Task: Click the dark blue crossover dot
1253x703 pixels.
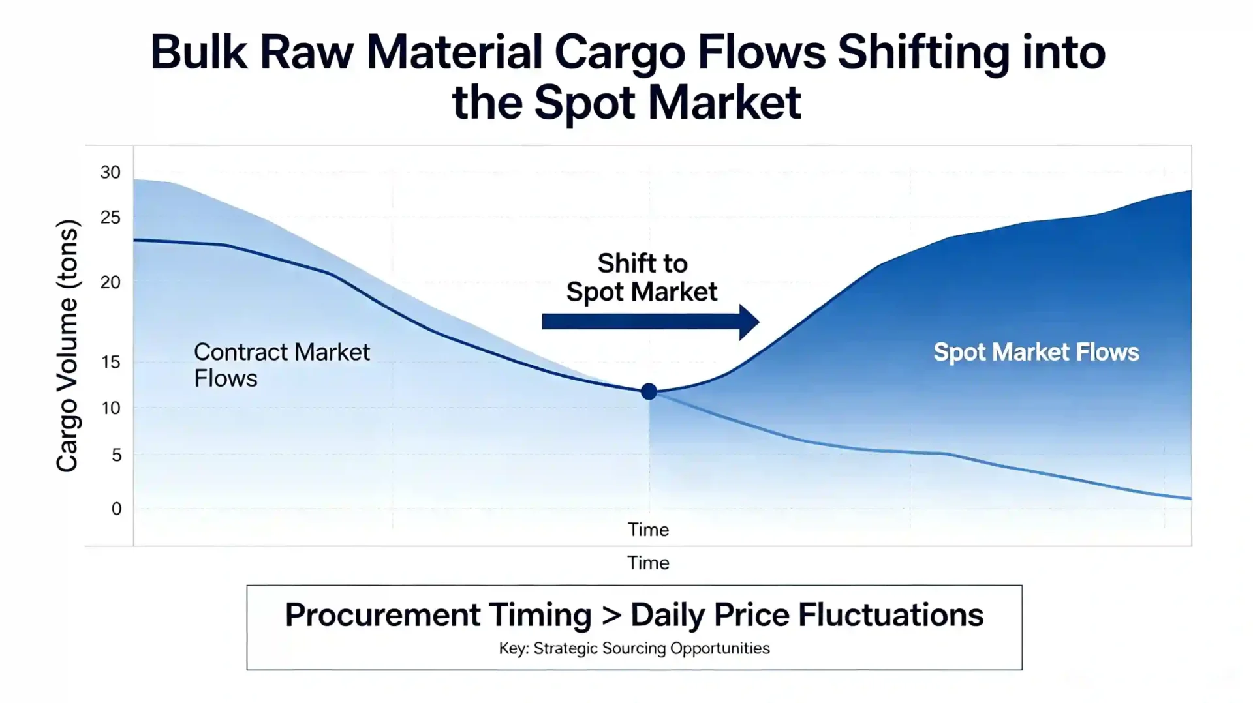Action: [x=649, y=391]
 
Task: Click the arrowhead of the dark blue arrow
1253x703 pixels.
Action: [x=749, y=322]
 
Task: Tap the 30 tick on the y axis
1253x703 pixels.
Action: [x=110, y=172]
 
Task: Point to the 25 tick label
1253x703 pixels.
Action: [x=110, y=217]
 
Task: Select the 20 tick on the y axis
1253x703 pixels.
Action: [x=110, y=282]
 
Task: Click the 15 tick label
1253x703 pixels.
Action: [x=111, y=362]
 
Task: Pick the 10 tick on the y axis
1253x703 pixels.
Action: [x=111, y=408]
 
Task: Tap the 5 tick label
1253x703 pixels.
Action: [x=116, y=455]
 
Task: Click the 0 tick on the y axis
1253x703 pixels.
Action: [x=116, y=509]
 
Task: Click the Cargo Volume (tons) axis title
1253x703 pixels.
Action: [x=67, y=346]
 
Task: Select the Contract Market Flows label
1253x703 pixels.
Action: [x=281, y=365]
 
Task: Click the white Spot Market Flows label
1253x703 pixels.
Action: [x=1036, y=352]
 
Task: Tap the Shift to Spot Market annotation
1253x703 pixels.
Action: [x=642, y=278]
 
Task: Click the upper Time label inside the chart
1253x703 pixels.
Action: [x=648, y=530]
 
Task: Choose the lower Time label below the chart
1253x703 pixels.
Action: [x=648, y=563]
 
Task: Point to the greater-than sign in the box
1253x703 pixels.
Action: [x=611, y=615]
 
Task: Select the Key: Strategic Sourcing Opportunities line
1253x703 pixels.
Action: [x=634, y=648]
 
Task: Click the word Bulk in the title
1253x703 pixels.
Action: [x=199, y=52]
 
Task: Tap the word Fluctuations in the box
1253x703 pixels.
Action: [x=891, y=615]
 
